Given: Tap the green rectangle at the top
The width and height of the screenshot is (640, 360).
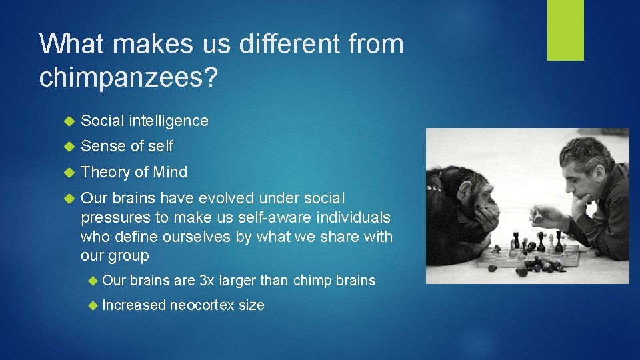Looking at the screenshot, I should coord(565,30).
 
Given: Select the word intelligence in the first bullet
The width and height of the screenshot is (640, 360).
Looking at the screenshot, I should coord(169,121).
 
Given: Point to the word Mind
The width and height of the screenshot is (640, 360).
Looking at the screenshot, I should coord(170,172).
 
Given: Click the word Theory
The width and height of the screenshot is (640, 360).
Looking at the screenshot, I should coord(105,172).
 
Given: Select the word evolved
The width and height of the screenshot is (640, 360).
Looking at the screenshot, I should coord(231,199).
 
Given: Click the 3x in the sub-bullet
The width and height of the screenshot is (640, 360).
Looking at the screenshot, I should coord(207,281).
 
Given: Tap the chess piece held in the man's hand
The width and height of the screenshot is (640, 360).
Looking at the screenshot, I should coord(537,217).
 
